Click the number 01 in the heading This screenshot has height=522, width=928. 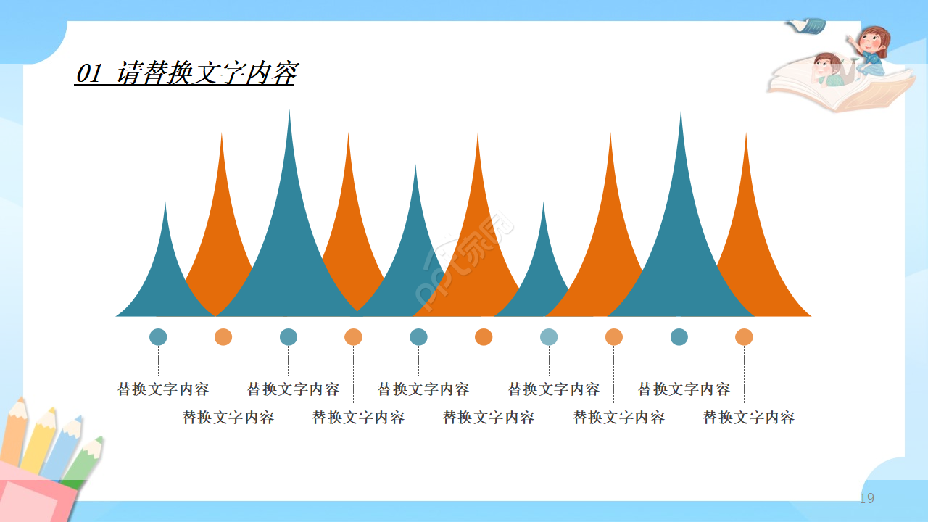coord(88,73)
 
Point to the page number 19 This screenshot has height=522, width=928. coord(867,498)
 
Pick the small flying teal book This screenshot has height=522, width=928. coord(807,26)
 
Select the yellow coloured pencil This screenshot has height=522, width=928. coord(38,442)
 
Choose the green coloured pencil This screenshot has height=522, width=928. coord(86,461)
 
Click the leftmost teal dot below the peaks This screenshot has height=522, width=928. coord(158,337)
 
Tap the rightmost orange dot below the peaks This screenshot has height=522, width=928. coord(744,337)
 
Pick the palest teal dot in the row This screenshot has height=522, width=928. coord(549,337)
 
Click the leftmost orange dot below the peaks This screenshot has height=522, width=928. coord(223,337)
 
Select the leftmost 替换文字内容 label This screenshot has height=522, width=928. coord(163,389)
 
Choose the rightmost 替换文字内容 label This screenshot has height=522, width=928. coord(749,418)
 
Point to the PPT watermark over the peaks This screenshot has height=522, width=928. coord(464,265)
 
